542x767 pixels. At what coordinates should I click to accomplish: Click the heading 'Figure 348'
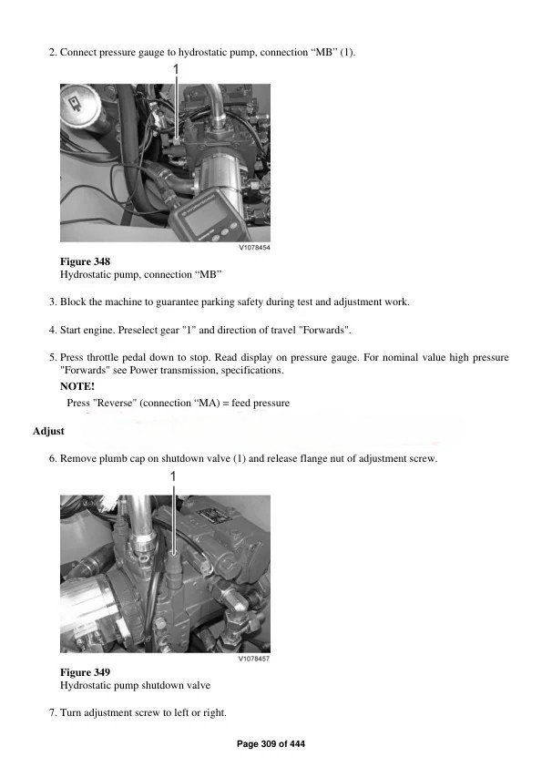[x=85, y=261]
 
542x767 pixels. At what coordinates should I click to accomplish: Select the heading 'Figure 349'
[x=85, y=672]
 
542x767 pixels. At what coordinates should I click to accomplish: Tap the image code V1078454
[x=254, y=247]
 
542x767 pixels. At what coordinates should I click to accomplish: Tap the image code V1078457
[x=254, y=658]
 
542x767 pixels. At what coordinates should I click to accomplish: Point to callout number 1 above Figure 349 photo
[x=173, y=476]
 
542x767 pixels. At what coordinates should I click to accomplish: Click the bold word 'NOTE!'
[x=77, y=386]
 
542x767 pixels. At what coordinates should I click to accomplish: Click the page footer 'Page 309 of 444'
[x=271, y=744]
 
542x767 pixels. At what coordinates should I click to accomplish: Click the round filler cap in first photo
[x=80, y=101]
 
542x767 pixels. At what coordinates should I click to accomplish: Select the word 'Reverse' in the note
[x=116, y=402]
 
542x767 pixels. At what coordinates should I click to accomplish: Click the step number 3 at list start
[x=52, y=302]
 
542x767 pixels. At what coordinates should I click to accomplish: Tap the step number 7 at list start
[x=52, y=711]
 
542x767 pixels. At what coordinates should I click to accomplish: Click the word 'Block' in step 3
[x=74, y=302]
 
